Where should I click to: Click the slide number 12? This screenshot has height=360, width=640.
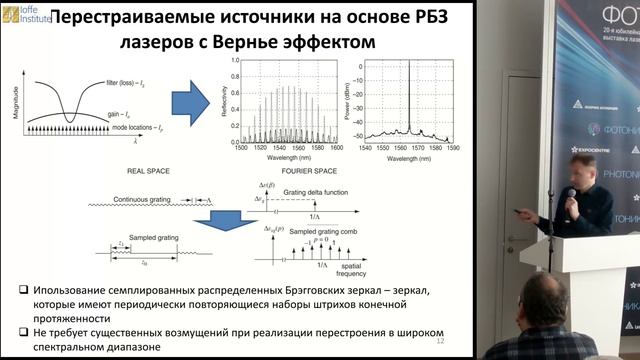(438, 341)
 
